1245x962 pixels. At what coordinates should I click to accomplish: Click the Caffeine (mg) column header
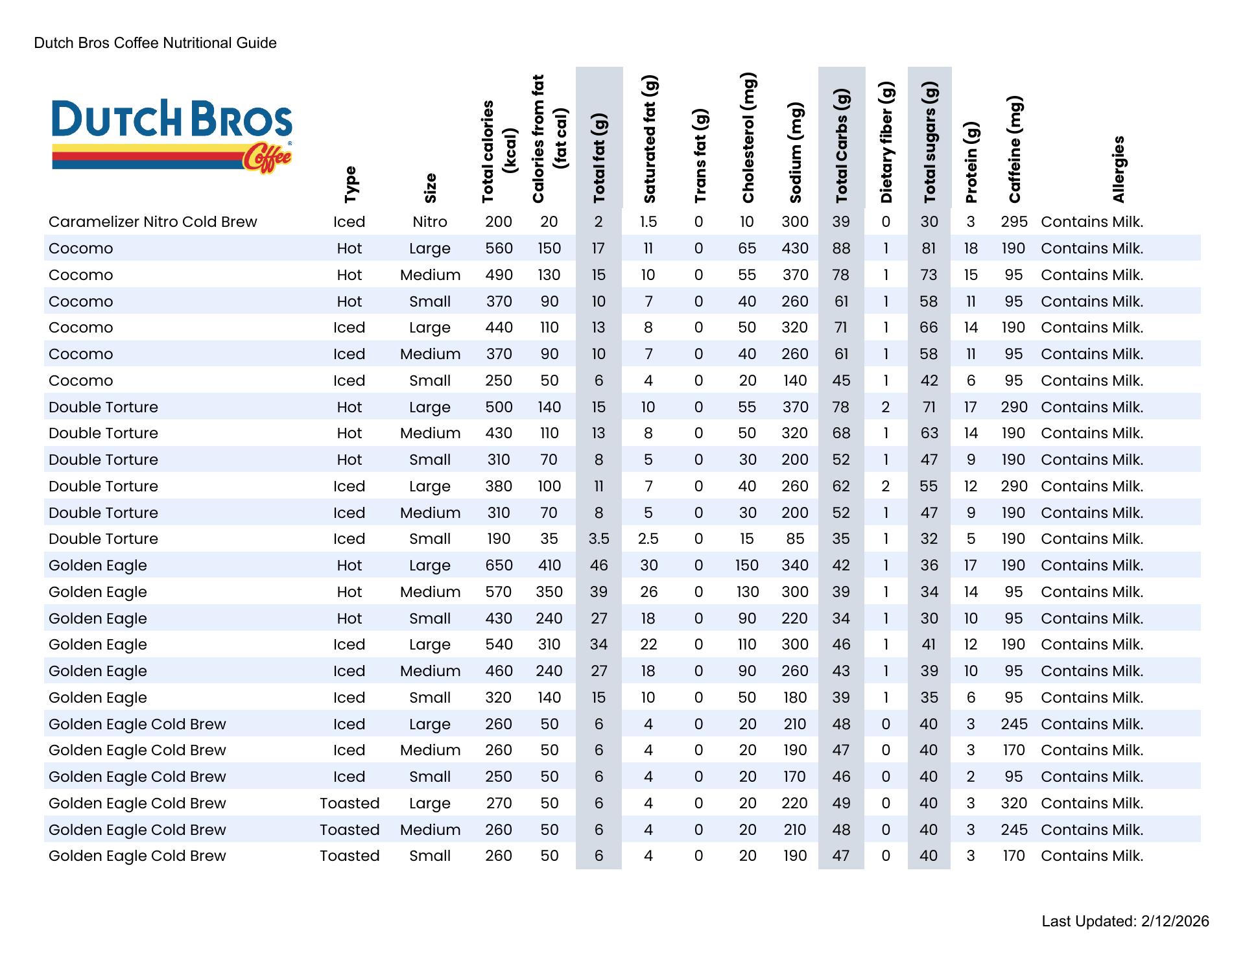1015,150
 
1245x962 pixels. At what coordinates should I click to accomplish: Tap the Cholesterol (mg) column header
748,138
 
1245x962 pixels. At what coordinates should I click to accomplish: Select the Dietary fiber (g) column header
886,143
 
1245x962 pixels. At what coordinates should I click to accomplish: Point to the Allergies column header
1118,169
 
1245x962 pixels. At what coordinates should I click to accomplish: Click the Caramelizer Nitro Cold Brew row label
153,222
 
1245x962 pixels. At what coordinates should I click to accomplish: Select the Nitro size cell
430,222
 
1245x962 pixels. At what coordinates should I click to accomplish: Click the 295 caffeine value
1014,222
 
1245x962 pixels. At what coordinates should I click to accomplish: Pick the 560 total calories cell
499,248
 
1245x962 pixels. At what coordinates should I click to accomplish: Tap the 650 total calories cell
499,565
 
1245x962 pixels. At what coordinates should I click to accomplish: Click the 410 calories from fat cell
549,565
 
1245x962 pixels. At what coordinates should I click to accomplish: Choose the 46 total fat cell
599,565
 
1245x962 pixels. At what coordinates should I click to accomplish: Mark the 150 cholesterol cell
747,565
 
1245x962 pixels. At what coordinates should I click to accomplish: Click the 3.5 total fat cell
599,539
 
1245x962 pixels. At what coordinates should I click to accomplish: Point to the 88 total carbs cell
841,248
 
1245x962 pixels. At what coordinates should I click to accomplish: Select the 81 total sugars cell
929,248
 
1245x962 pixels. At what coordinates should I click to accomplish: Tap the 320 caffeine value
1014,803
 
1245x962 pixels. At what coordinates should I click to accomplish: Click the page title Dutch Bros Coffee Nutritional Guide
156,43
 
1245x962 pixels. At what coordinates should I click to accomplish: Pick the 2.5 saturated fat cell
648,539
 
